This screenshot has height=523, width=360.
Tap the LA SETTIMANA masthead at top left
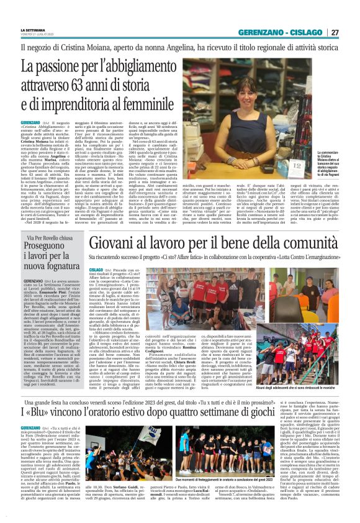33,30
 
